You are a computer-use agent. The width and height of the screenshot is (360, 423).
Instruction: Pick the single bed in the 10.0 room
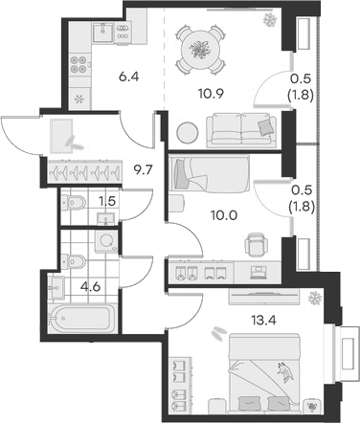208,176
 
